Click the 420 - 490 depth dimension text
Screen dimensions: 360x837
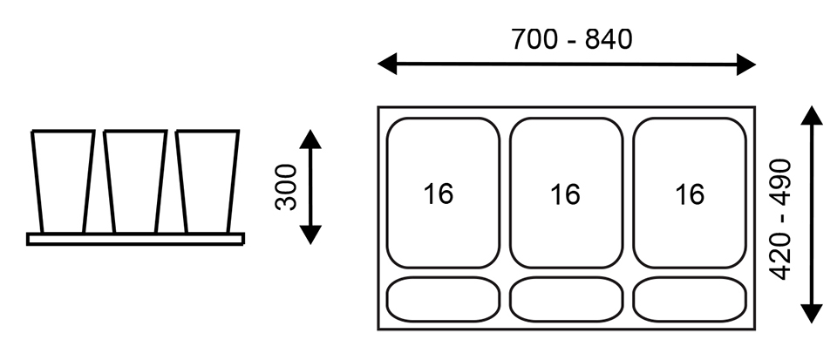pyautogui.click(x=781, y=219)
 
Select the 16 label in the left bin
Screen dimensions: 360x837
pyautogui.click(x=439, y=194)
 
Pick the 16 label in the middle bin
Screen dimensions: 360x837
pyautogui.click(x=565, y=194)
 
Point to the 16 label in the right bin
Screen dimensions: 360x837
pyautogui.click(x=689, y=194)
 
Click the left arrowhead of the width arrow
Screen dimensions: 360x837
pyautogui.click(x=388, y=64)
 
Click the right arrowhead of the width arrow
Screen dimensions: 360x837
pyautogui.click(x=745, y=64)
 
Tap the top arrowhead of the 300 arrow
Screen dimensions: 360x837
pyautogui.click(x=310, y=137)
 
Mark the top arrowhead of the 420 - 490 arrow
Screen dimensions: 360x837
pyautogui.click(x=812, y=115)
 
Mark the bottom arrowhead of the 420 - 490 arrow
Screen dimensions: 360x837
pyautogui.click(x=812, y=314)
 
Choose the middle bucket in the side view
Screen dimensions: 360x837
pyautogui.click(x=135, y=180)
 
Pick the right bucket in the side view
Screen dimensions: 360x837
pyautogui.click(x=207, y=180)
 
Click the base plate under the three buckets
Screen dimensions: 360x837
pyautogui.click(x=135, y=239)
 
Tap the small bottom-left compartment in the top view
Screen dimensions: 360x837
pyautogui.click(x=443, y=299)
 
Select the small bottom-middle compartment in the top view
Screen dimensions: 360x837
pyautogui.click(x=567, y=299)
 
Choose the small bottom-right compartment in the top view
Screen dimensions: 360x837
pyautogui.click(x=691, y=299)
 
